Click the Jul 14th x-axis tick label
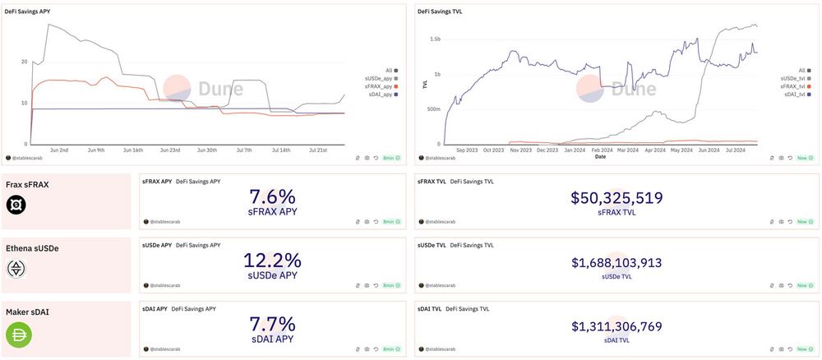coord(280,150)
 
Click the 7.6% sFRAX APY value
coord(272,197)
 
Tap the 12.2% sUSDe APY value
coord(272,261)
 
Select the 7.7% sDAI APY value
coord(272,324)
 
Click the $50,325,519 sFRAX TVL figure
coord(616,198)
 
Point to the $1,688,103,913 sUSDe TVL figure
coord(616,262)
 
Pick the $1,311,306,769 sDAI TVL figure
coord(616,325)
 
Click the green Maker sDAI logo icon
coord(17,335)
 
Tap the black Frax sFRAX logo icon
coord(17,205)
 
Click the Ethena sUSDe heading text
coord(32,247)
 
